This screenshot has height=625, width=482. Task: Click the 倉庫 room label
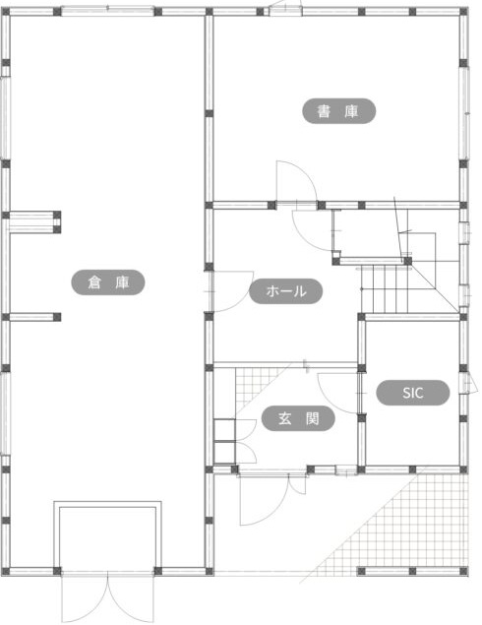107,282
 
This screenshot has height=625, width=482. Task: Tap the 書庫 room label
338,111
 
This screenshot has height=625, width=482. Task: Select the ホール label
285,291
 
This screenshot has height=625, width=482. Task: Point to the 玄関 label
298,418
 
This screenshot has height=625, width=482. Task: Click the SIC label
413,393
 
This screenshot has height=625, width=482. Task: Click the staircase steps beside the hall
385,289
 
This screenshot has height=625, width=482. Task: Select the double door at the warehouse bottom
107,596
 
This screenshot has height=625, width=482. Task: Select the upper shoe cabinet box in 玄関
224,430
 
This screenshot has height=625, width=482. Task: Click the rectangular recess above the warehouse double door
107,534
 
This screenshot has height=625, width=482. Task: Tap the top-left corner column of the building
5,12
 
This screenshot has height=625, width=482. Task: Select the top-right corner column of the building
463,12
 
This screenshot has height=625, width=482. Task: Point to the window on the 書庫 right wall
463,113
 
